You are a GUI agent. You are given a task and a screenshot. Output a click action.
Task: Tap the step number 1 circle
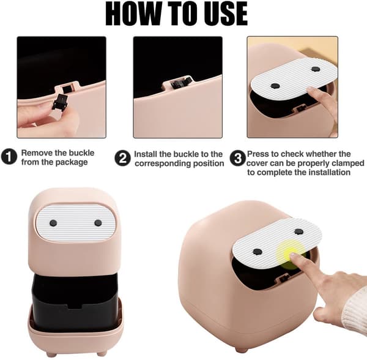tap(9, 157)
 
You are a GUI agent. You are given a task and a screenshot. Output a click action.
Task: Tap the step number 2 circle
tap(123, 159)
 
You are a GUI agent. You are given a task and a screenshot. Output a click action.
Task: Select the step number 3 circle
tap(237, 159)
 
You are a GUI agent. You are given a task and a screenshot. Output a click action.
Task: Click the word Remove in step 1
tap(37, 153)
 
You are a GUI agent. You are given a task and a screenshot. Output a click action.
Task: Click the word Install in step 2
tap(146, 154)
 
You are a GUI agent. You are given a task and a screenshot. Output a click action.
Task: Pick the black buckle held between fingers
tap(60, 102)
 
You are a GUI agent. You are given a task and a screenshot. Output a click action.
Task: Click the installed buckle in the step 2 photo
tap(180, 83)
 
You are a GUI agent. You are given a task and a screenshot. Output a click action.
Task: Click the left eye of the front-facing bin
tap(53, 223)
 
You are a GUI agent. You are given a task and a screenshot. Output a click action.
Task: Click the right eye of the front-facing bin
tap(98, 223)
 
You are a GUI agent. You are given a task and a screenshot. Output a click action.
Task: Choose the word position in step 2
tap(209, 163)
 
